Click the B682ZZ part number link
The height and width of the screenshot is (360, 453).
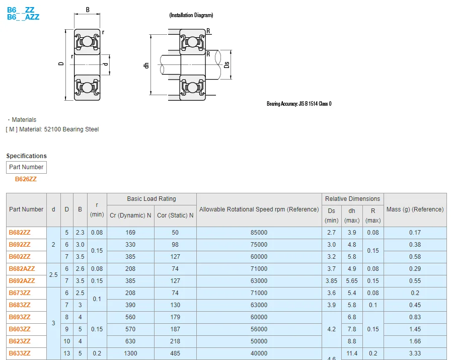(20, 233)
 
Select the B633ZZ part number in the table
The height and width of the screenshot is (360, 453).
(20, 353)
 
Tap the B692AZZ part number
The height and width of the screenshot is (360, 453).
(22, 281)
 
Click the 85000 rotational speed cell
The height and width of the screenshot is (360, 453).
(259, 233)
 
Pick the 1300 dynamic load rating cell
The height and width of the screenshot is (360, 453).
(130, 353)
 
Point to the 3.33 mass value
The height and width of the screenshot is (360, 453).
(415, 353)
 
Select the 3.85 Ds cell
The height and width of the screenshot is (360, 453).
(331, 281)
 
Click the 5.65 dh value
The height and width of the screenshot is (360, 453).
(352, 281)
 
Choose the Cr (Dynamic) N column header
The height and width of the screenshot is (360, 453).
(130, 215)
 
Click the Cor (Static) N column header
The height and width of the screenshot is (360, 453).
(175, 215)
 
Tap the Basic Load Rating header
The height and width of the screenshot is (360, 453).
(152, 199)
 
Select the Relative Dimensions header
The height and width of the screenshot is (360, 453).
(352, 199)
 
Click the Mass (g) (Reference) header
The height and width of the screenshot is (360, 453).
(415, 209)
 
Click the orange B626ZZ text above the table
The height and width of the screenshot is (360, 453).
(26, 179)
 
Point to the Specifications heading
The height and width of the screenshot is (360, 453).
(26, 156)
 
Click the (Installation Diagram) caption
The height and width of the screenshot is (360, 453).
(191, 16)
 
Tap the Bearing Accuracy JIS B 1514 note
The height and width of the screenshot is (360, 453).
(299, 104)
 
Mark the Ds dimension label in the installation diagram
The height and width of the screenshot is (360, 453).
(227, 64)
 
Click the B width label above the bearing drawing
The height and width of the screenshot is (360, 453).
(88, 10)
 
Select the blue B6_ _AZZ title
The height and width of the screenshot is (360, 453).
(23, 17)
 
